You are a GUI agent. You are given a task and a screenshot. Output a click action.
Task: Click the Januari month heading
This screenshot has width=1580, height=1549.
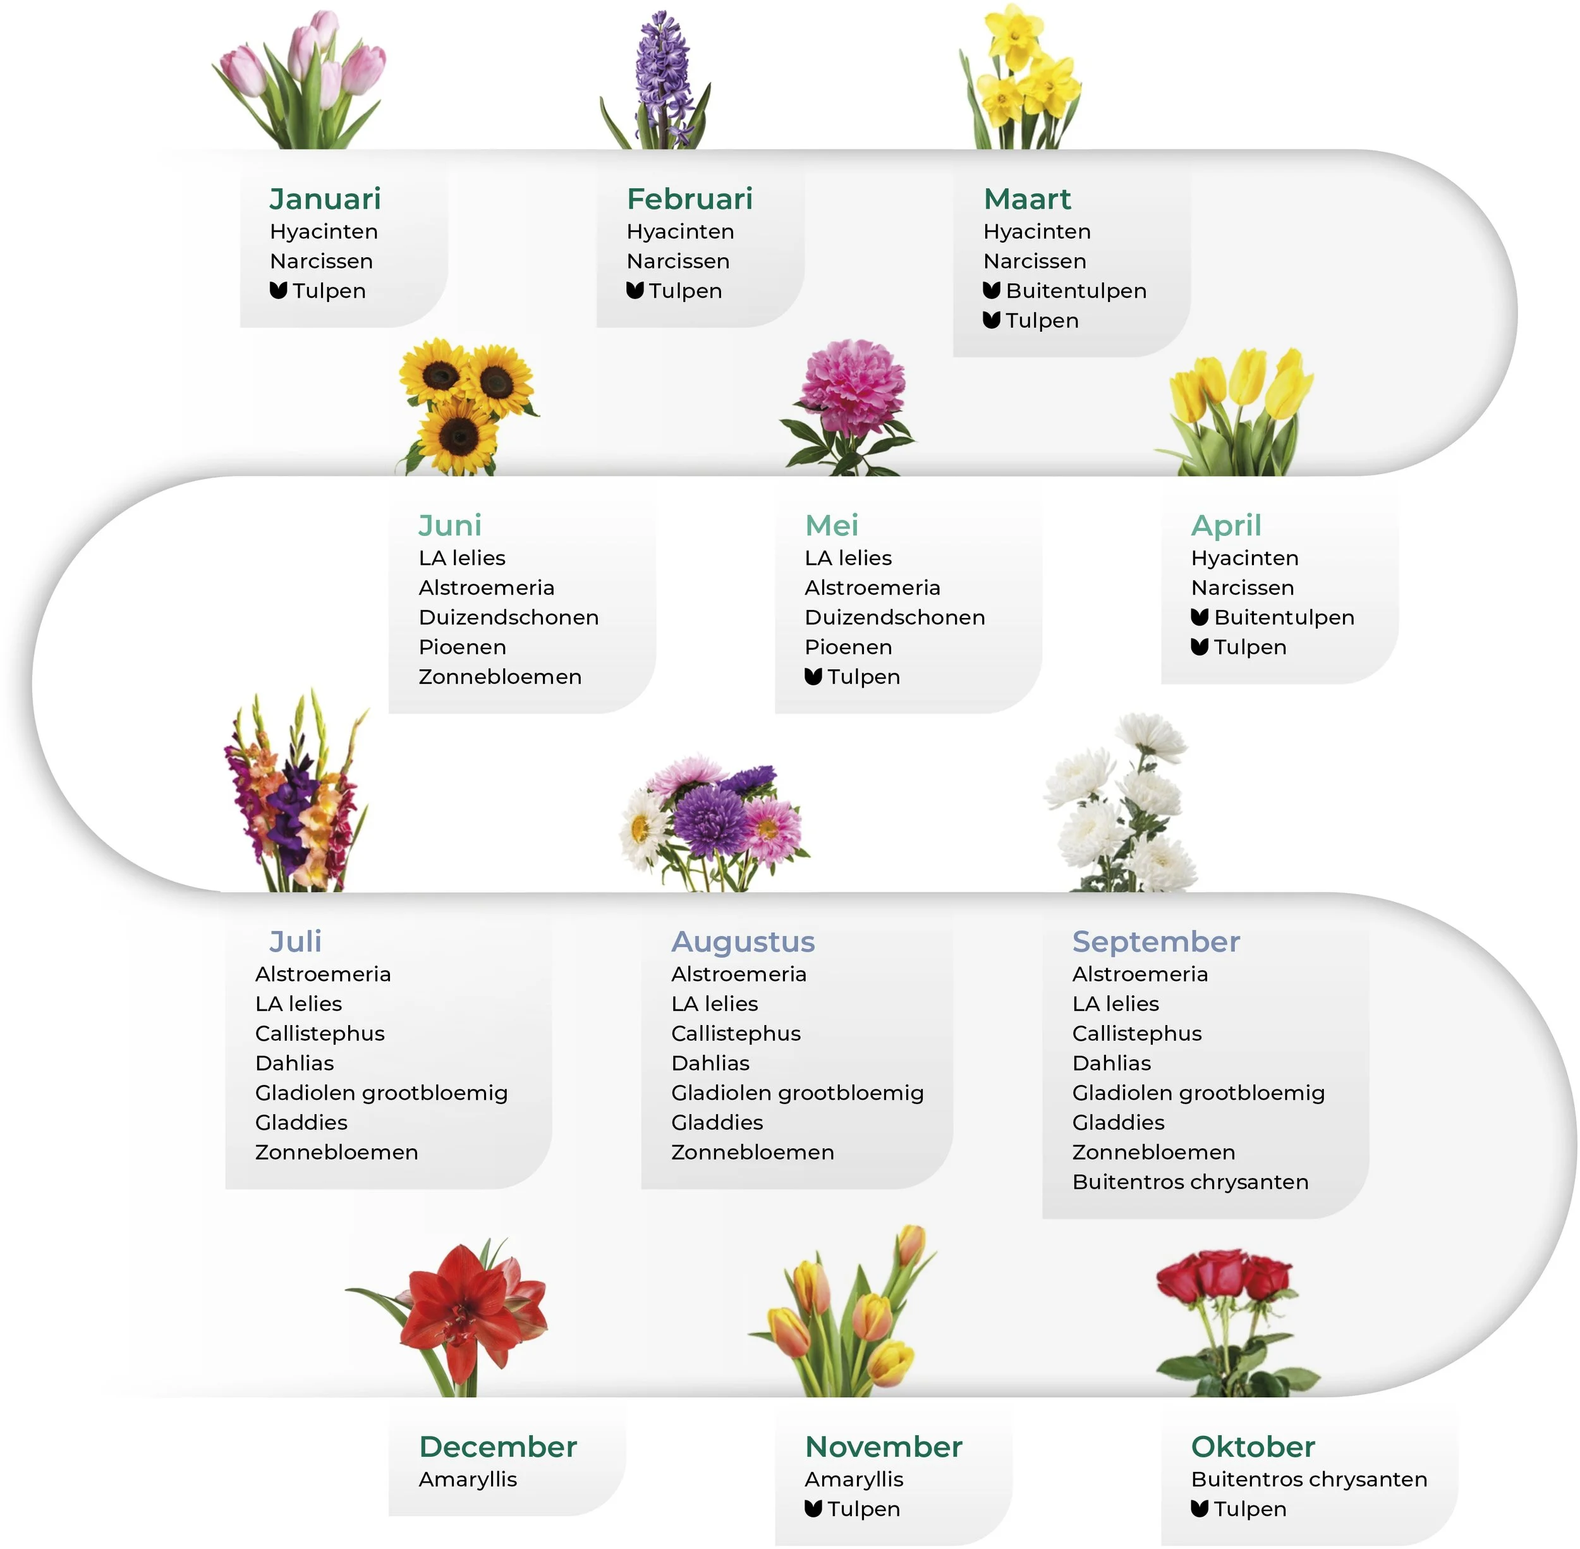pyautogui.click(x=325, y=198)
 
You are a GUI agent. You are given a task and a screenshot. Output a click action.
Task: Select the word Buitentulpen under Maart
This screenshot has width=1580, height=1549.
pyautogui.click(x=1076, y=291)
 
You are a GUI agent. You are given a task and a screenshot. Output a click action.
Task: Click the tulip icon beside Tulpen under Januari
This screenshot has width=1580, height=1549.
pyautogui.click(x=278, y=291)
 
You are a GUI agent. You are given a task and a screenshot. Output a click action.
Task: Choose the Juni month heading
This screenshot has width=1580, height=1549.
pyautogui.click(x=450, y=526)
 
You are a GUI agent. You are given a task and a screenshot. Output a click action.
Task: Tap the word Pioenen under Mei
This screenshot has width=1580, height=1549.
pyautogui.click(x=848, y=647)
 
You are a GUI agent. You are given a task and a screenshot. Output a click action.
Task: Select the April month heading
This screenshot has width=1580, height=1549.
pyautogui.click(x=1226, y=526)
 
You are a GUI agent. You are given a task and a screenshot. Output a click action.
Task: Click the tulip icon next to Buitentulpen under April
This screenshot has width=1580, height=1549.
pyautogui.click(x=1200, y=617)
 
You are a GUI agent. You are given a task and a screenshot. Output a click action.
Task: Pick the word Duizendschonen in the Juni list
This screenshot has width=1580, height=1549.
pyautogui.click(x=509, y=617)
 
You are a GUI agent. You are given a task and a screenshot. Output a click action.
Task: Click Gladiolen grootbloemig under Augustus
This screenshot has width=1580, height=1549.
pyautogui.click(x=798, y=1093)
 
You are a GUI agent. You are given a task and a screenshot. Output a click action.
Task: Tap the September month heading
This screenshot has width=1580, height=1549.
pyautogui.click(x=1156, y=941)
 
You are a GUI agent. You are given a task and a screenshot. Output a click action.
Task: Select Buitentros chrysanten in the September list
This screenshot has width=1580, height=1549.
pyautogui.click(x=1190, y=1182)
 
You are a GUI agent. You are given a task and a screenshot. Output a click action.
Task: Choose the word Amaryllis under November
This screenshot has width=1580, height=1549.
pyautogui.click(x=853, y=1479)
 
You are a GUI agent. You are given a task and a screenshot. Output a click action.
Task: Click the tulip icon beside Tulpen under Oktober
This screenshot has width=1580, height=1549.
pyautogui.click(x=1200, y=1509)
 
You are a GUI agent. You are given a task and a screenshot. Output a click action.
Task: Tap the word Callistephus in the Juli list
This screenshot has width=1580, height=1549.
pyautogui.click(x=320, y=1033)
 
